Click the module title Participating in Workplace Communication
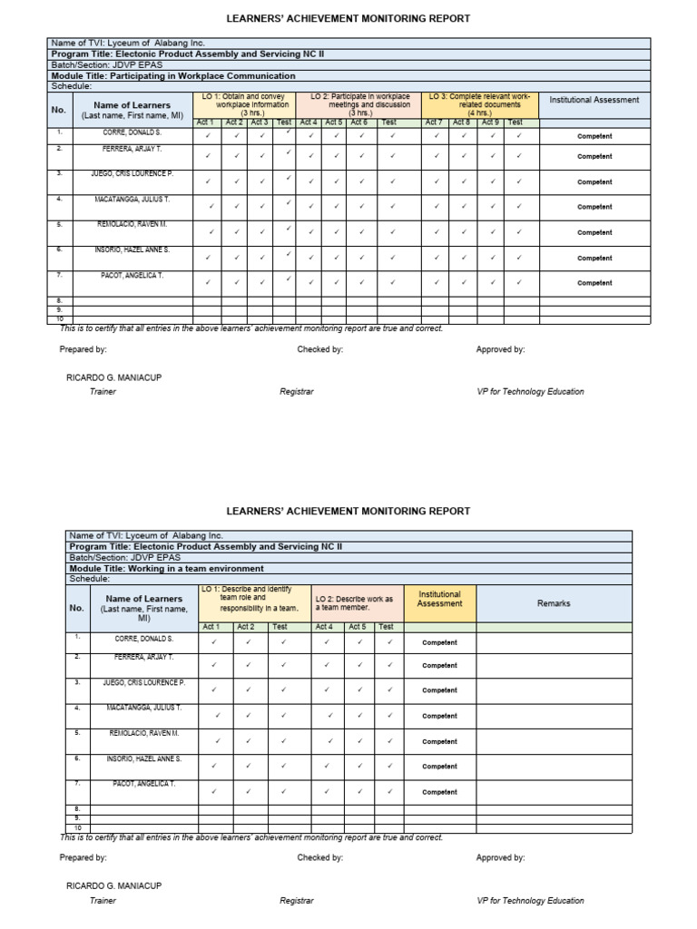[173, 76]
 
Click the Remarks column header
[554, 603]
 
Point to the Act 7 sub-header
[434, 122]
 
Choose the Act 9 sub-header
[490, 122]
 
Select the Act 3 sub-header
[260, 122]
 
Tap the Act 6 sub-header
[359, 122]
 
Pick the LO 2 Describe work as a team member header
[355, 603]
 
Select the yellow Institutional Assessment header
[439, 600]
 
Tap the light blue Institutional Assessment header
[594, 101]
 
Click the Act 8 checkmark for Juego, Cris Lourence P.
[464, 181]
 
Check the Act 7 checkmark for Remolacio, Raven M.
[436, 232]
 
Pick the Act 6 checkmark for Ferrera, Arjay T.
[360, 156]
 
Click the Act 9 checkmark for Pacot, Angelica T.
[492, 282]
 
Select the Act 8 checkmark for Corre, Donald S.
[464, 136]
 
